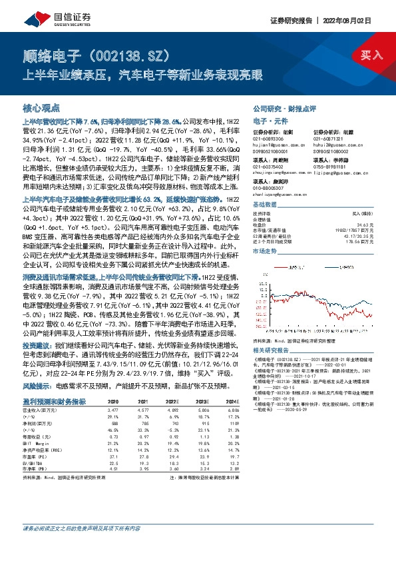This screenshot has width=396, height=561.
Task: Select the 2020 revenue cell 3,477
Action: (114, 410)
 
